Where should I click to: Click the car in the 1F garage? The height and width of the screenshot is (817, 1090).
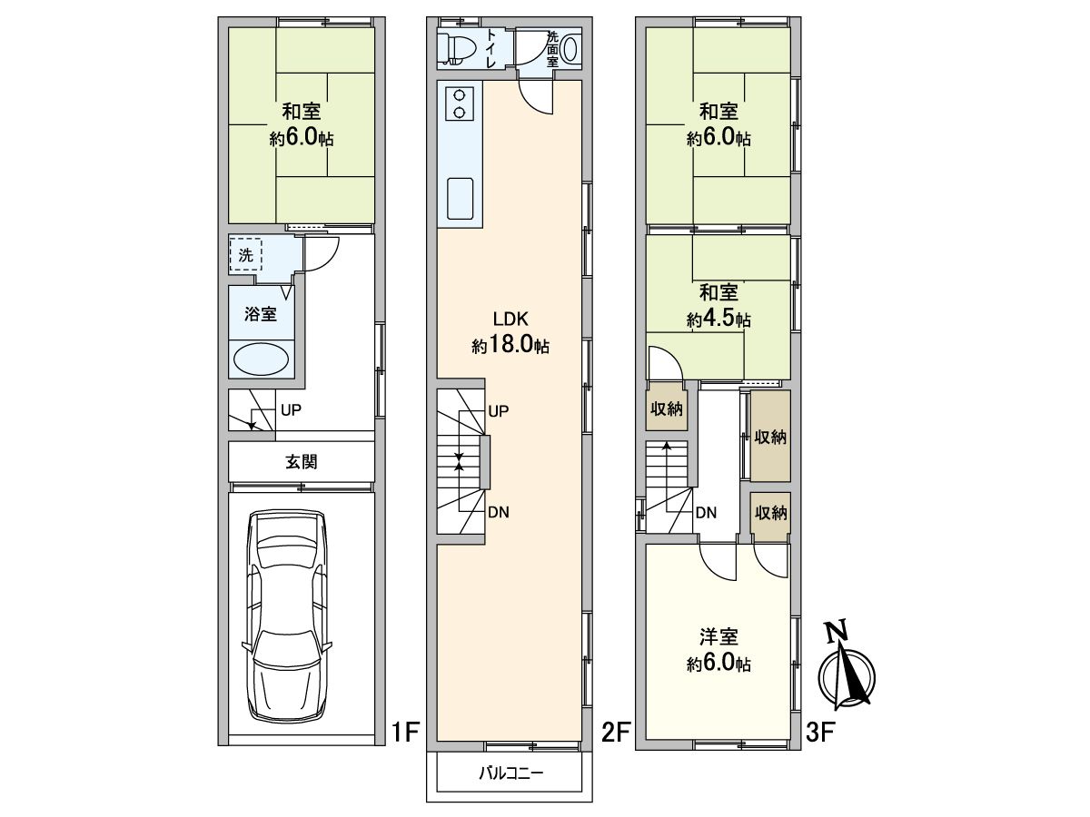coord(286,616)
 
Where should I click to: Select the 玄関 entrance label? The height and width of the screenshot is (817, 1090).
coord(302,462)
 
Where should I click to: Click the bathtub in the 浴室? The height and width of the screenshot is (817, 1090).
coord(261,359)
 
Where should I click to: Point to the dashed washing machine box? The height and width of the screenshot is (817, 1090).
coord(245,255)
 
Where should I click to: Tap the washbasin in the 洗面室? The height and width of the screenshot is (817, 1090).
coord(570,48)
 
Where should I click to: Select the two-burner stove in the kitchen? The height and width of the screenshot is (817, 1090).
coord(460,103)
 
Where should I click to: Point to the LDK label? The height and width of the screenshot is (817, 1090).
coord(510,319)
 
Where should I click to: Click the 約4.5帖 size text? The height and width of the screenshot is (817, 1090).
coord(718,319)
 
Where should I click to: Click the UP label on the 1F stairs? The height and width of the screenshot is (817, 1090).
coord(291,410)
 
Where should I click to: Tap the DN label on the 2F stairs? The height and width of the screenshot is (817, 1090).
coord(499,512)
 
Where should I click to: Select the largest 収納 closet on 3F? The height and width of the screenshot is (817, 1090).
coord(770,436)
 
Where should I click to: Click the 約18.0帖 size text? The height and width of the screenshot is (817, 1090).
coord(510,344)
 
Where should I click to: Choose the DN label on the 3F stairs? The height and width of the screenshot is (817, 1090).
coord(706,512)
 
